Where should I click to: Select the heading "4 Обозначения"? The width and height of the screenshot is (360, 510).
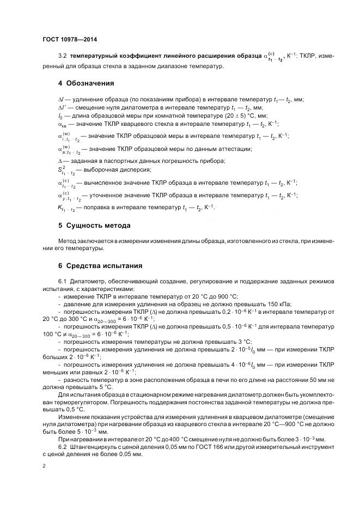coord(86,83)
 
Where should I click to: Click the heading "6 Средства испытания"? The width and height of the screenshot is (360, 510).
coord(100,266)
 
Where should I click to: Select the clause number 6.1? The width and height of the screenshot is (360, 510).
coord(62,281)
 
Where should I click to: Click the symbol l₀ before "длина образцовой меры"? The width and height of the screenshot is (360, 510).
coord(60,116)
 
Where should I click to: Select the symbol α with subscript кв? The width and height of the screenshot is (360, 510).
coord(62,124)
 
